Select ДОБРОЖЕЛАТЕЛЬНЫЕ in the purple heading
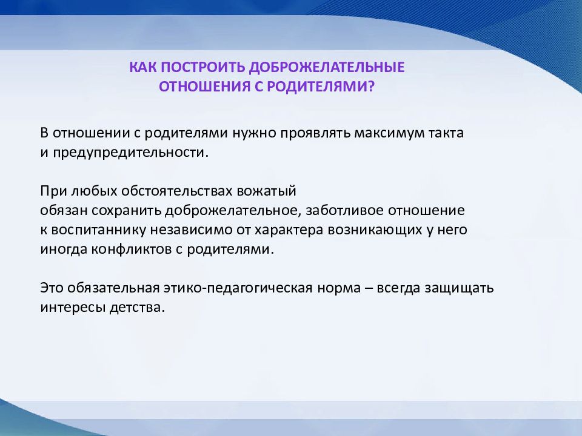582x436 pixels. click(x=327, y=67)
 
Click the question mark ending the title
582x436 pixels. click(x=371, y=87)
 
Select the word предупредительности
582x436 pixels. click(x=129, y=153)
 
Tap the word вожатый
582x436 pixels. click(x=267, y=191)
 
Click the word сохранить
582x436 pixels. click(x=126, y=210)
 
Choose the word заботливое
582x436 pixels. click(x=344, y=210)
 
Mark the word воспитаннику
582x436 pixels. click(x=99, y=230)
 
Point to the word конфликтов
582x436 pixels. click(x=132, y=249)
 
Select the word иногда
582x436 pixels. click(x=64, y=249)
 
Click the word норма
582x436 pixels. click(x=339, y=288)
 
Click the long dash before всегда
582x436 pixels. click(x=369, y=288)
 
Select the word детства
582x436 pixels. click(x=137, y=308)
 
